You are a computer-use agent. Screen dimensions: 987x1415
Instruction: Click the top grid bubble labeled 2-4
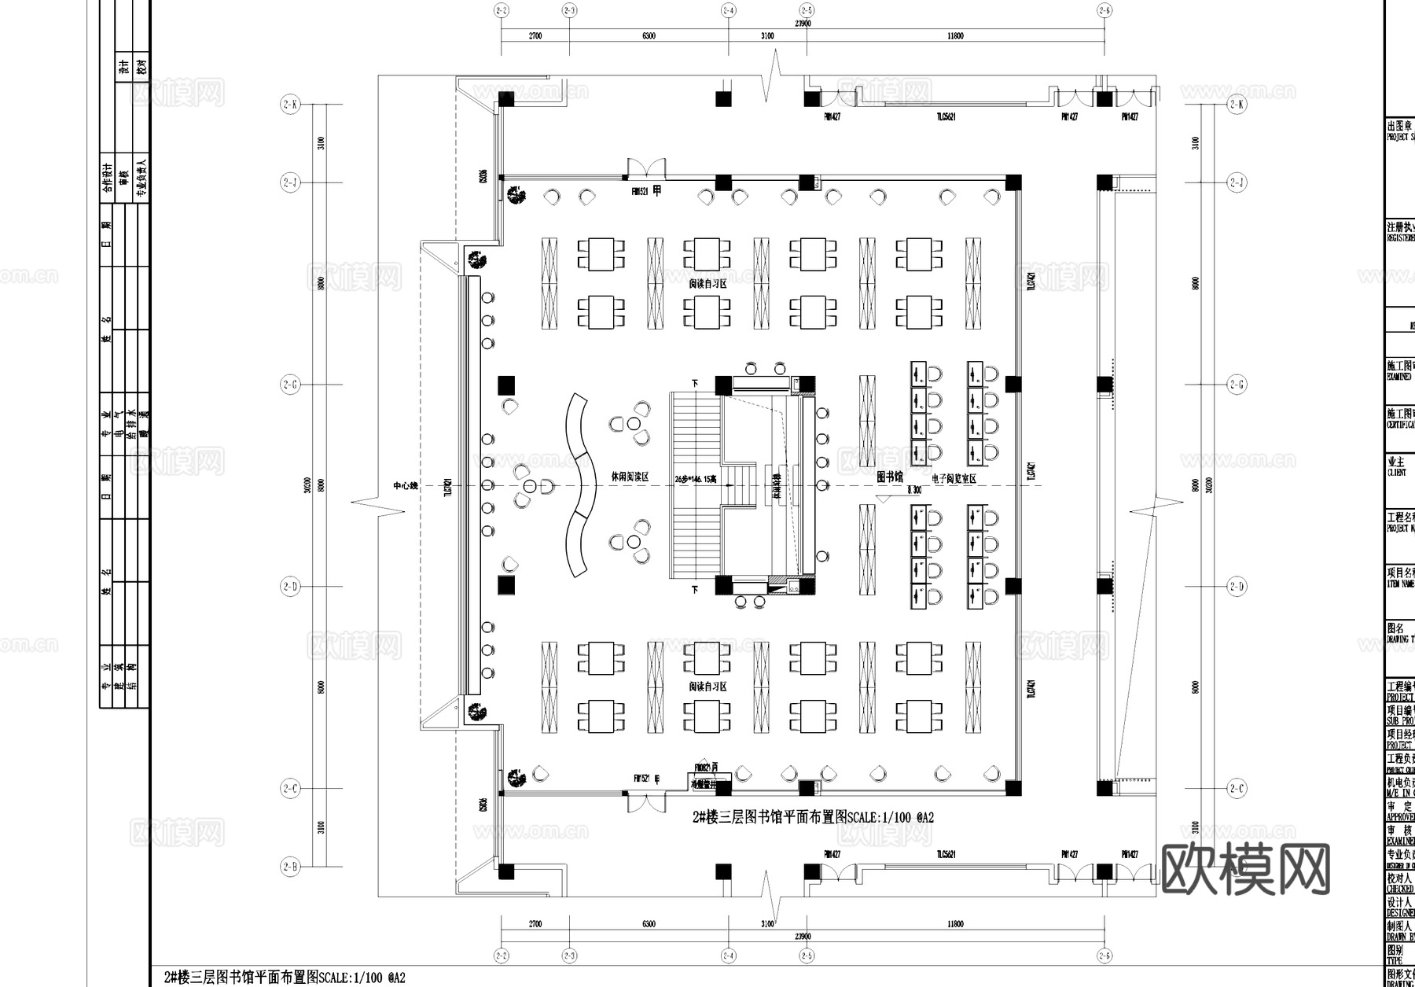coord(728,10)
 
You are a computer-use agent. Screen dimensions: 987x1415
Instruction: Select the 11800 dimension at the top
coord(955,36)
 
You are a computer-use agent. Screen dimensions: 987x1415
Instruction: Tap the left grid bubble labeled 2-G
coord(290,385)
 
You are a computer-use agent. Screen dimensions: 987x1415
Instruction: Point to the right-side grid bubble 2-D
coord(1237,587)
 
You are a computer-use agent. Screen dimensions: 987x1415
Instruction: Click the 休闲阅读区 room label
coord(630,477)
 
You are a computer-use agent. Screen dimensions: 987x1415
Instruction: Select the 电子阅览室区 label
coord(954,478)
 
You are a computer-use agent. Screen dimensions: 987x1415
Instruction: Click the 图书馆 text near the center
coord(890,477)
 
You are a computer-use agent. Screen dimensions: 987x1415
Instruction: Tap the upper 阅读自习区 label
coord(707,284)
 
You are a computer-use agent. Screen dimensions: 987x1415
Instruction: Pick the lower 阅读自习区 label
coord(707,687)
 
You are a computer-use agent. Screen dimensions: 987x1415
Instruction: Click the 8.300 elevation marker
coord(913,490)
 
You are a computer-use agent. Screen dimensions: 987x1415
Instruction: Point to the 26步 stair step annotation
coord(696,478)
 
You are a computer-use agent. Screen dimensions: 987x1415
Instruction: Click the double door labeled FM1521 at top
coord(646,169)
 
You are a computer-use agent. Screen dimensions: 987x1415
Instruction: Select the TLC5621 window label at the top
coord(945,117)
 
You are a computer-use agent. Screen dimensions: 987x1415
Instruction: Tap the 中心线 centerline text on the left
coord(406,486)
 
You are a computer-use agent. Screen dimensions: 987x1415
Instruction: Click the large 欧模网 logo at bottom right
coord(1245,869)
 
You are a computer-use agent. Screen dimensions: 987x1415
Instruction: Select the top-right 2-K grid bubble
coord(1237,105)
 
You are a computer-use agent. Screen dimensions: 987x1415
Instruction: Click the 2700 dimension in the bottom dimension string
coord(535,924)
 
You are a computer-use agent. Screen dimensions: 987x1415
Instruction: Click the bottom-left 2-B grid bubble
coord(290,867)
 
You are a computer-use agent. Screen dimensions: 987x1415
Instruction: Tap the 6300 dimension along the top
coord(649,36)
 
